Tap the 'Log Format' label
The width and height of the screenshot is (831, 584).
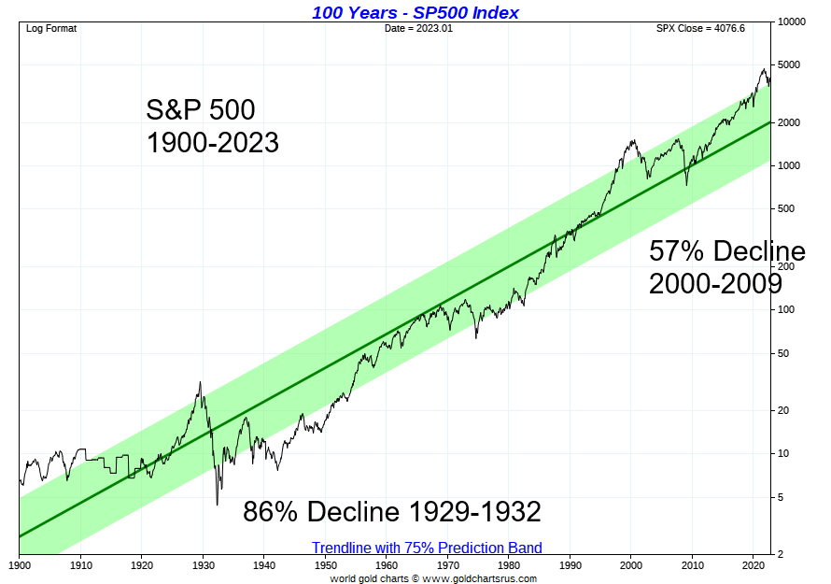pos(51,28)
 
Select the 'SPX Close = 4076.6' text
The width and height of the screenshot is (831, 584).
pos(701,28)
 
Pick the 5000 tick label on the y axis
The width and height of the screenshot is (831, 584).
pos(788,65)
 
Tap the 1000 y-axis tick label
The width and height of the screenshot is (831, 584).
pos(788,166)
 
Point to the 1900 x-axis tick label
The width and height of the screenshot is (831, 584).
pos(20,565)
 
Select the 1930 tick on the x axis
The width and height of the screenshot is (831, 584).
pos(203,565)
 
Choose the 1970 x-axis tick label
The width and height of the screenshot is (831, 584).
pos(447,565)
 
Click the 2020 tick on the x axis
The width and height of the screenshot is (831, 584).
pos(753,565)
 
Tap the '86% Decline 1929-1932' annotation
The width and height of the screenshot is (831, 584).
pos(392,512)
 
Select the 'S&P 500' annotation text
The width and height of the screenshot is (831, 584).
pos(200,110)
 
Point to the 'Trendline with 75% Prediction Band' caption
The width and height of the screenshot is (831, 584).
pos(427,548)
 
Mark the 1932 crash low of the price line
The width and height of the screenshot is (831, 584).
pos(218,506)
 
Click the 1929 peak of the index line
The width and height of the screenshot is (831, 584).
pos(201,382)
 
